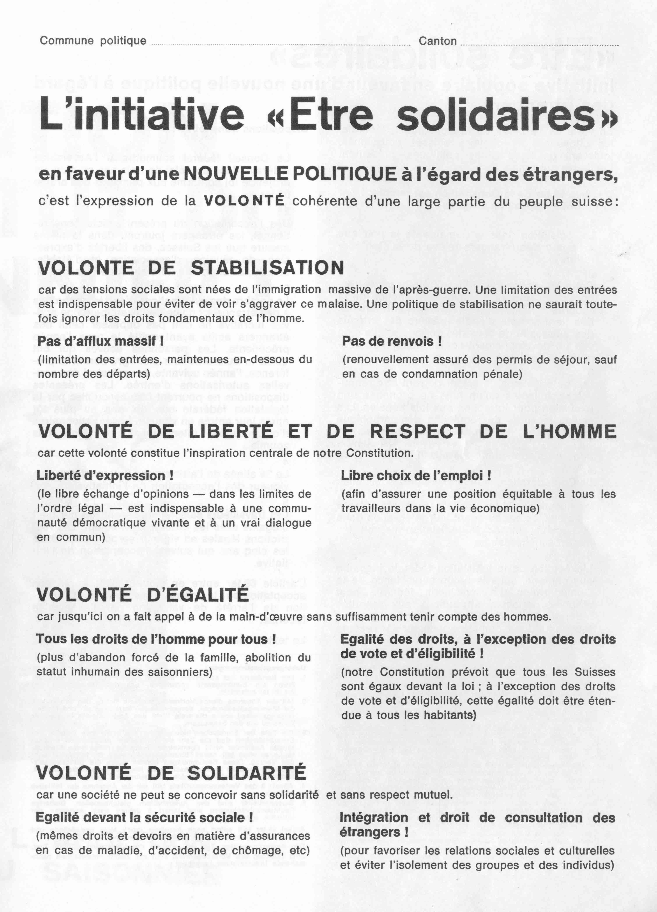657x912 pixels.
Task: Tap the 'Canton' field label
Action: (438, 41)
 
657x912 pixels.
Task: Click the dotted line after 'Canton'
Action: (539, 44)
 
